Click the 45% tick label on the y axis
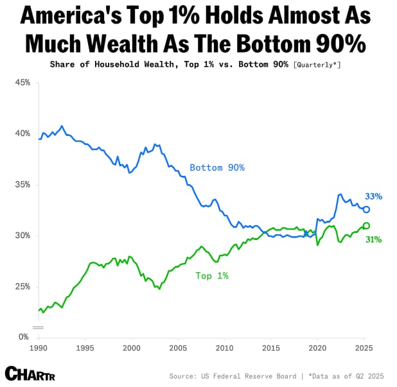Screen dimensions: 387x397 point(21,83)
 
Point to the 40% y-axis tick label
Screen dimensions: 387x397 point(21,133)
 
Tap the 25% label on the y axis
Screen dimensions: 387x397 point(21,286)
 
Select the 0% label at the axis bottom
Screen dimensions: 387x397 point(23,336)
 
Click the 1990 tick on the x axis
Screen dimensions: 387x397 point(39,347)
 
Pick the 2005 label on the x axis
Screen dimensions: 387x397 point(178,347)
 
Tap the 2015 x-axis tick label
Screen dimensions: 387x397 point(271,347)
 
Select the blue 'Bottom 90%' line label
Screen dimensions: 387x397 point(217,168)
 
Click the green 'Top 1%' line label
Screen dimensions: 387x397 point(212,275)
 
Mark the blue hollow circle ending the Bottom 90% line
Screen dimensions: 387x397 point(366,209)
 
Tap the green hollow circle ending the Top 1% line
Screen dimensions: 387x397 point(366,225)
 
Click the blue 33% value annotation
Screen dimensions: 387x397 point(374,196)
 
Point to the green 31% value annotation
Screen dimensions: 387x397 point(374,239)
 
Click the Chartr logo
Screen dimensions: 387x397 point(28,373)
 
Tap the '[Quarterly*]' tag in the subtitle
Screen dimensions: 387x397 point(317,65)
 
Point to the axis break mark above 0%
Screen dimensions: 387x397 point(39,327)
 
